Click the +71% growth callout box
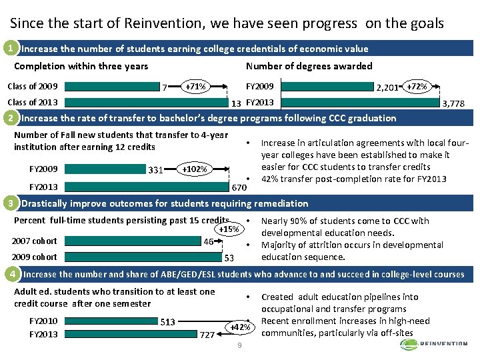[195, 87]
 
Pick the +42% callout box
[239, 327]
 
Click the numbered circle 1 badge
[9, 49]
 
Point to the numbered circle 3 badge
[9, 203]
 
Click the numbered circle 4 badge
[9, 274]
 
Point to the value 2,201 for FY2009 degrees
[387, 87]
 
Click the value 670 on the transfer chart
[239, 188]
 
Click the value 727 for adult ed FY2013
[208, 335]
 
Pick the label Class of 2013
[32, 103]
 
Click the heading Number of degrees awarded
[309, 66]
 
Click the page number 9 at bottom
[239, 345]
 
